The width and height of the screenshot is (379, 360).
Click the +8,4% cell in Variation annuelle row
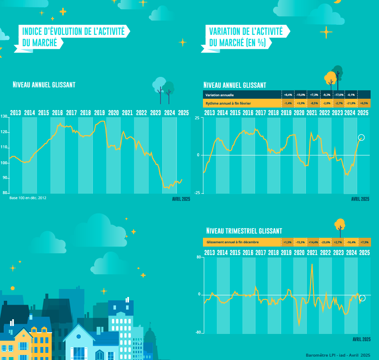[288, 95]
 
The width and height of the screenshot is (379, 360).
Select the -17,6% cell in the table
[339, 95]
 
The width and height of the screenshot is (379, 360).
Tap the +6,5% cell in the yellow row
[364, 103]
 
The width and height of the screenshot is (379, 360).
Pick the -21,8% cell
[351, 103]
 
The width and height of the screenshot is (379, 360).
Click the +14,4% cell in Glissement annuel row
[313, 242]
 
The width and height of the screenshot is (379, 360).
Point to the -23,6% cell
[326, 242]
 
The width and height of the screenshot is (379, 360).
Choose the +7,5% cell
[364, 242]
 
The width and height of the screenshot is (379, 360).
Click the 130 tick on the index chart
[4, 117]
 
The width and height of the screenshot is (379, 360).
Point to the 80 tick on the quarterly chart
[199, 257]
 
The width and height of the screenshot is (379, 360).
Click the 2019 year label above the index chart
[100, 113]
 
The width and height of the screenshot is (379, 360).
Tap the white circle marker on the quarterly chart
[363, 298]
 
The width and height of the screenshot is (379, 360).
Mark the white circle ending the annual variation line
[361, 137]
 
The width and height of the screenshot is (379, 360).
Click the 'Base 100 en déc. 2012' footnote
[28, 197]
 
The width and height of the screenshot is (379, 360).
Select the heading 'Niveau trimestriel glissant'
[244, 231]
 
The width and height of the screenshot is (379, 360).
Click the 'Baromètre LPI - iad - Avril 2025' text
[338, 355]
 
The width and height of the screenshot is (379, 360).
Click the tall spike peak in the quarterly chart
[312, 264]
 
